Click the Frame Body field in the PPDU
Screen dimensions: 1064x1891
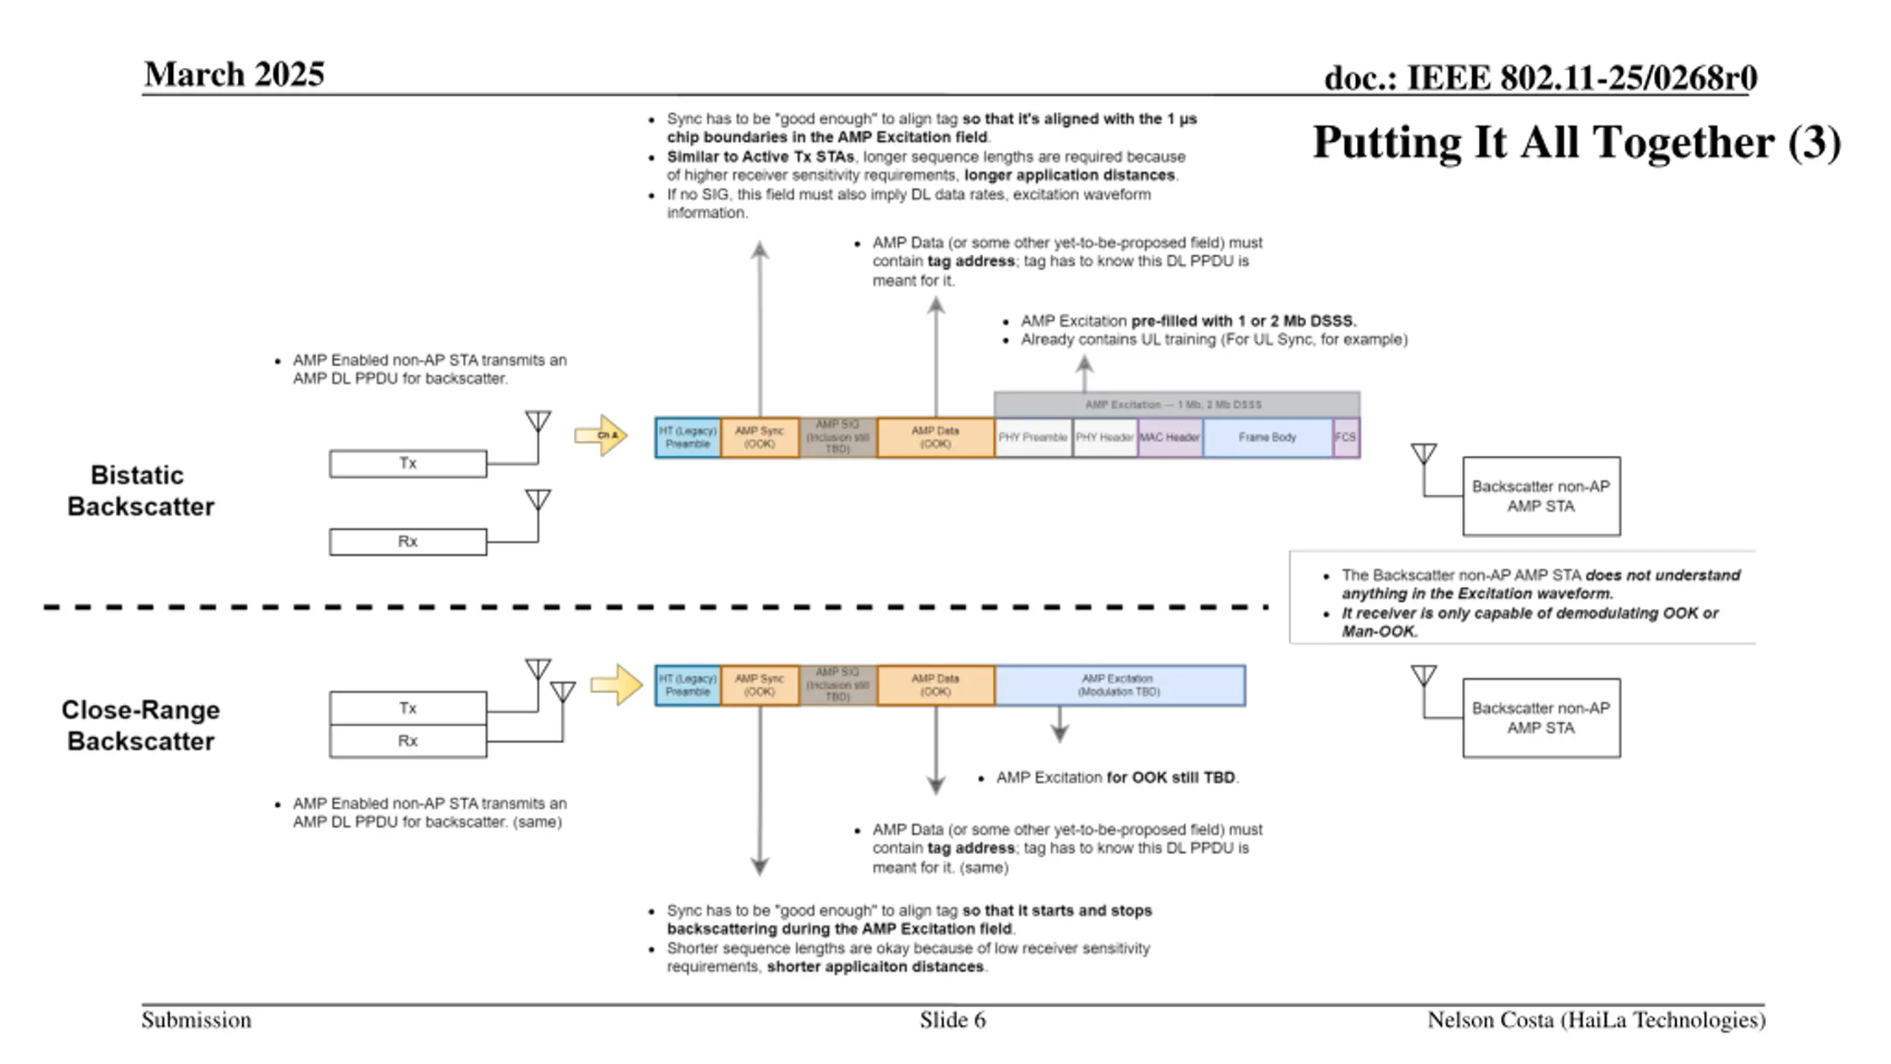click(1267, 437)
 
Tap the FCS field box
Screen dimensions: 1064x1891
click(1345, 437)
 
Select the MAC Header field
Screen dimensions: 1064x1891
click(1169, 437)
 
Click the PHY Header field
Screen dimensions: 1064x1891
click(1104, 437)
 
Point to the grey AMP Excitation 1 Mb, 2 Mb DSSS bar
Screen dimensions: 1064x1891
click(1176, 404)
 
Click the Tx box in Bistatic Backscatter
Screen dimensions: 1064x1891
click(408, 463)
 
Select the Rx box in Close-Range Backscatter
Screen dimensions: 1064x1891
click(408, 741)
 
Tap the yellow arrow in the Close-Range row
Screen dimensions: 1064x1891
click(617, 685)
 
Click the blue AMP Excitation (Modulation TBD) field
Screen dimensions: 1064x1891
click(1119, 685)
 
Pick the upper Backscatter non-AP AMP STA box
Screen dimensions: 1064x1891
click(1541, 497)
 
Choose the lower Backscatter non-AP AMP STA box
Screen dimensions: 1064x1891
click(1541, 718)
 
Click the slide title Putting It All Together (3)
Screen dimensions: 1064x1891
click(1576, 142)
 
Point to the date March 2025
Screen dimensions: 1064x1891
click(234, 75)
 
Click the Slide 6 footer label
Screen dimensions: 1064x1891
click(952, 1020)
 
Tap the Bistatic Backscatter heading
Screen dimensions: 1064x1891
click(140, 491)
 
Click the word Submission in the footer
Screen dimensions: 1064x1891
click(196, 1020)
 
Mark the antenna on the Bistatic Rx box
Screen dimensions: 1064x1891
click(538, 501)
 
